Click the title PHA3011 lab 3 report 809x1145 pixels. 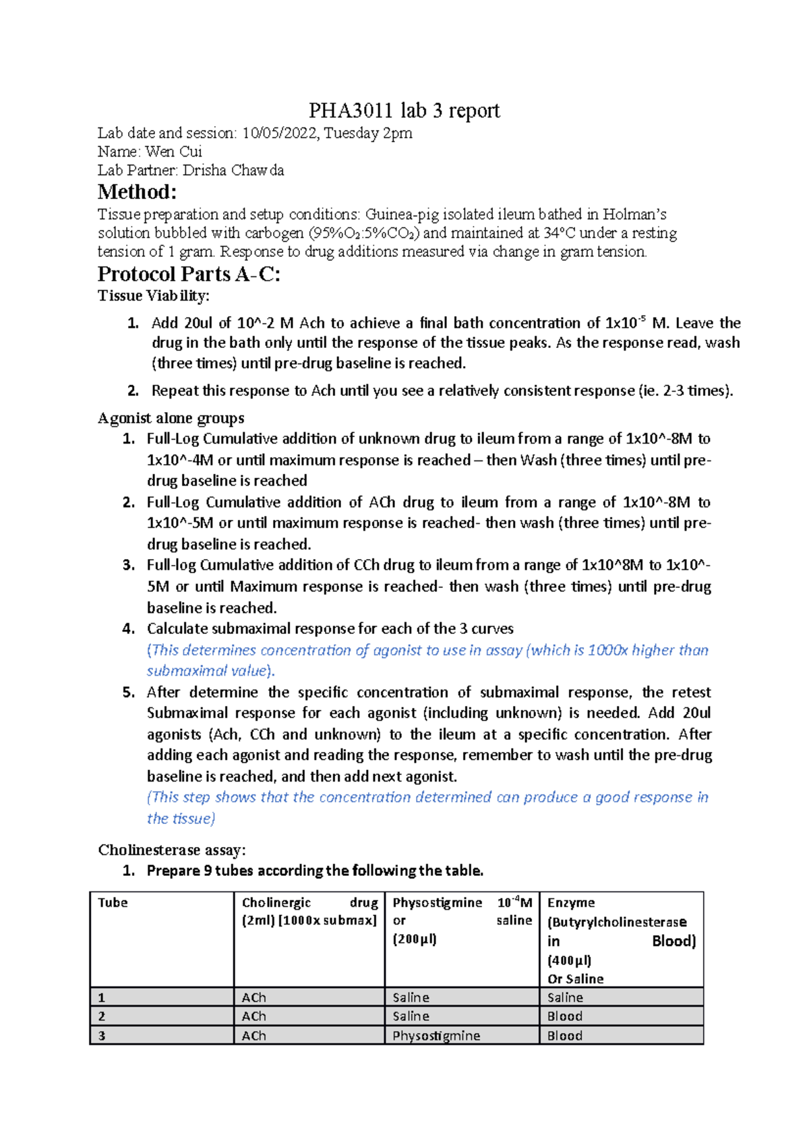[404, 111]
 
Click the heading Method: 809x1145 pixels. [137, 192]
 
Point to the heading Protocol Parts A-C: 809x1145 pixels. [189, 274]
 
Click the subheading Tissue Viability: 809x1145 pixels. [154, 296]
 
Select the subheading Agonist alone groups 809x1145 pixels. [171, 418]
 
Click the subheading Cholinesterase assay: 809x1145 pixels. [172, 850]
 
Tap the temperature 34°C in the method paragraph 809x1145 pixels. [559, 233]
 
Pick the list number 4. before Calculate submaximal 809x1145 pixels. [129, 628]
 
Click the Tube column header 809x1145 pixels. [113, 903]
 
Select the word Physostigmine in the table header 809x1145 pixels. [437, 903]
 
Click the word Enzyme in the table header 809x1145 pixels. [570, 903]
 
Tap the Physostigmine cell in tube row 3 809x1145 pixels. [436, 1036]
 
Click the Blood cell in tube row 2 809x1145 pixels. [564, 1016]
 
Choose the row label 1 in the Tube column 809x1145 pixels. [102, 997]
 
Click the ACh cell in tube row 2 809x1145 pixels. [253, 1016]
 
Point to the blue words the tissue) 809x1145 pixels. [181, 819]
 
